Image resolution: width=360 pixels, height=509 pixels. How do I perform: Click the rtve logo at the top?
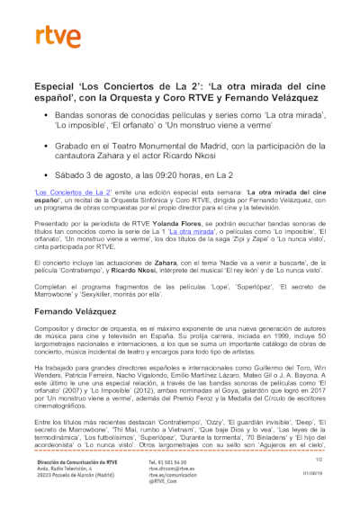click(x=55, y=36)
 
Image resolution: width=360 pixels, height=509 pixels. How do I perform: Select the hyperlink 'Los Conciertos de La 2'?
click(x=72, y=192)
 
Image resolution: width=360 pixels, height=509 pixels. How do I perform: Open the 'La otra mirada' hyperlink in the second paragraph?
click(x=145, y=232)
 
